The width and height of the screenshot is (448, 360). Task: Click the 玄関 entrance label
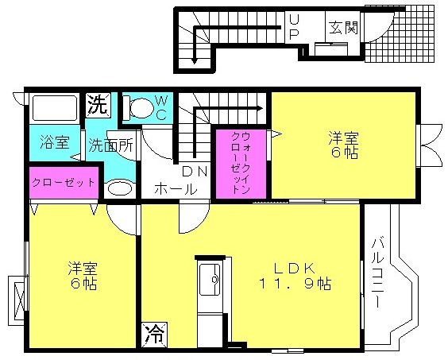(343, 28)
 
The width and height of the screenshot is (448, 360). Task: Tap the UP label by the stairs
(294, 27)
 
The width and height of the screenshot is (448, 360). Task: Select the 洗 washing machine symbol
(98, 105)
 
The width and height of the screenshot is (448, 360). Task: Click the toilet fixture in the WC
(138, 107)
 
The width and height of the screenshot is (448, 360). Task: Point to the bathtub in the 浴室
(55, 108)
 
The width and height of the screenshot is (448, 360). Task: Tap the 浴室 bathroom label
(55, 142)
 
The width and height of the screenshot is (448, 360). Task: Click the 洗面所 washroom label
(110, 145)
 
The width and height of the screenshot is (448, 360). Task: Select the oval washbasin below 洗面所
(120, 188)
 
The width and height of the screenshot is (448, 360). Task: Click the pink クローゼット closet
(64, 182)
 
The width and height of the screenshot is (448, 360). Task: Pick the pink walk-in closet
(241, 164)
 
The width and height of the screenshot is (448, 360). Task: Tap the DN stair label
(195, 172)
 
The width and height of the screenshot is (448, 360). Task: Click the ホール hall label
(176, 188)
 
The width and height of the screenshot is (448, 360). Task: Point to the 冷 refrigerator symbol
(155, 334)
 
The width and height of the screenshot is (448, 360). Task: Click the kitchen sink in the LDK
(210, 280)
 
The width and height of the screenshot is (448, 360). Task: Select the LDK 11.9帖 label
(295, 276)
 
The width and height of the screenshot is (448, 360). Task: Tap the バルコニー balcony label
(378, 273)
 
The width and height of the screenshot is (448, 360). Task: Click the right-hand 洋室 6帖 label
(344, 145)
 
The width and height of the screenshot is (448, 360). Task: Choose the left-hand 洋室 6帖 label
(83, 275)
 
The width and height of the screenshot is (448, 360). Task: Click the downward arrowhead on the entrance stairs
(195, 60)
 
